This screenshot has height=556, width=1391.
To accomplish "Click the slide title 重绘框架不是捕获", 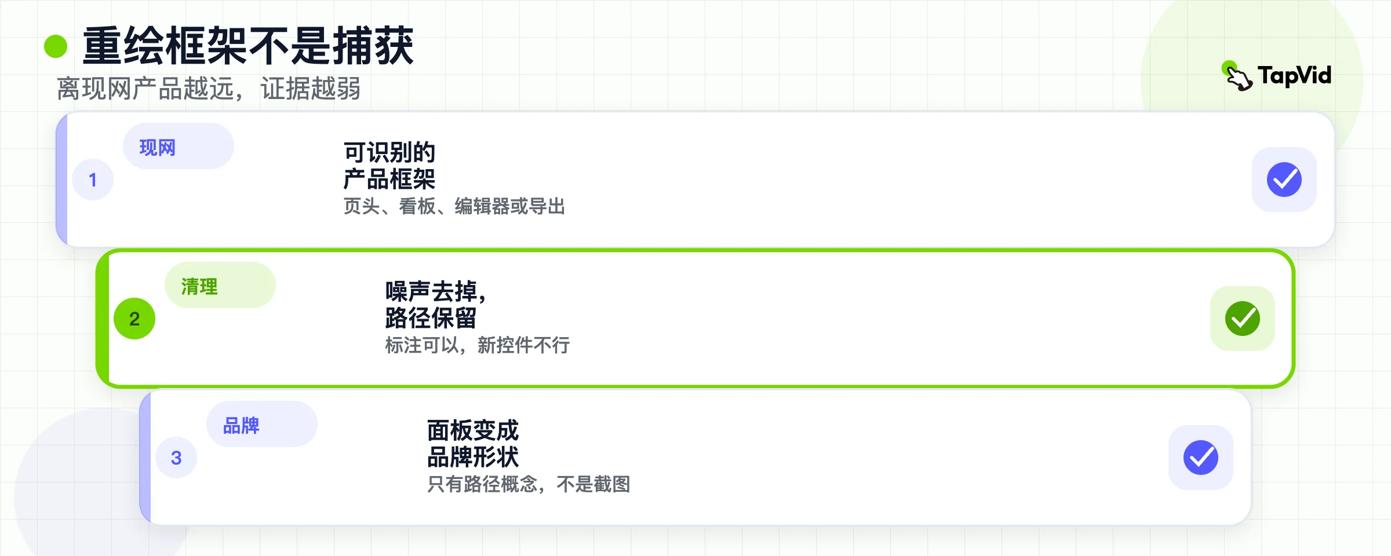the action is coord(248,46).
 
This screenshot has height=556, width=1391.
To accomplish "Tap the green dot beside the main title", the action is coord(56,46).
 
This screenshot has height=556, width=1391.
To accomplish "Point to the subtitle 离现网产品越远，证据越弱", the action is coord(209,89).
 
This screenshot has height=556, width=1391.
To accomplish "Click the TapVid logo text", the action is coord(1294,75).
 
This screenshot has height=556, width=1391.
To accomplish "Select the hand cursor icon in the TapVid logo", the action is coord(1238,76).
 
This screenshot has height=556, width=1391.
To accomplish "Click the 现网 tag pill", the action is coord(179,146).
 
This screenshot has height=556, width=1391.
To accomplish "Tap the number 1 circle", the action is coord(93,180).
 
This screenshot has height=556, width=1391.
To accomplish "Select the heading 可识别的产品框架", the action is coord(389,166).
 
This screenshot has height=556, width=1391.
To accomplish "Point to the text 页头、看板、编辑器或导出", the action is coord(454,206).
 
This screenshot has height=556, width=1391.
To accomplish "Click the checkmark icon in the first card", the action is coord(1284,180).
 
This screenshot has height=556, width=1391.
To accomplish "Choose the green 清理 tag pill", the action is coord(220,285).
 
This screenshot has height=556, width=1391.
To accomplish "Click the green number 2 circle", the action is coord(134,319).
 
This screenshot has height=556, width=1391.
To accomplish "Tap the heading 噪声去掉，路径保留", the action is coord(436,305).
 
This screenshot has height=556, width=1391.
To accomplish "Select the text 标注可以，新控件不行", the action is coord(478,345).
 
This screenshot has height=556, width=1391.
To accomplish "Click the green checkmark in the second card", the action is coord(1243,319).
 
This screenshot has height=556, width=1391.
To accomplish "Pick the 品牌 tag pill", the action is coord(262,424).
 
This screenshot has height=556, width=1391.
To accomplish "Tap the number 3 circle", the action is coord(176,458).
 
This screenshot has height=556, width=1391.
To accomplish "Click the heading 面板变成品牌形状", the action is coord(473,444).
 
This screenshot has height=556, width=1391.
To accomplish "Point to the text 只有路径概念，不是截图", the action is coord(529,484).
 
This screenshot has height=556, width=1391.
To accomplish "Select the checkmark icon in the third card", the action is coord(1201,458).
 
